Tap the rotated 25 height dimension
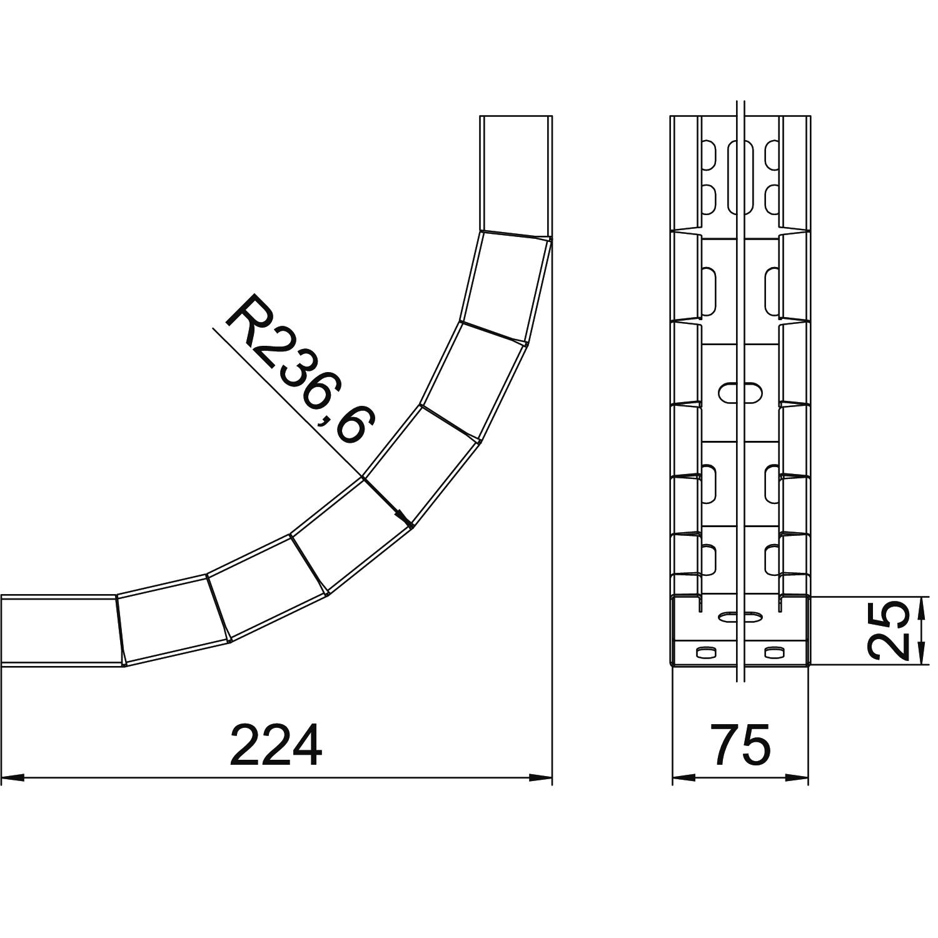click(x=890, y=630)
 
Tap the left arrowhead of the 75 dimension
click(x=683, y=778)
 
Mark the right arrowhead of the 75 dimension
click(x=797, y=778)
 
